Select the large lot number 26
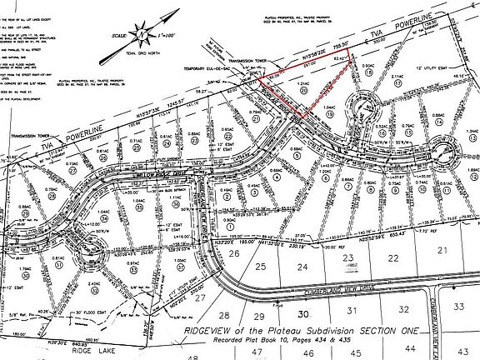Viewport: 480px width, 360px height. (234, 253)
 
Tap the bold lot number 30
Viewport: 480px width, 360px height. (303, 313)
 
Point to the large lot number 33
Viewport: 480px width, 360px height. (458, 307)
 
